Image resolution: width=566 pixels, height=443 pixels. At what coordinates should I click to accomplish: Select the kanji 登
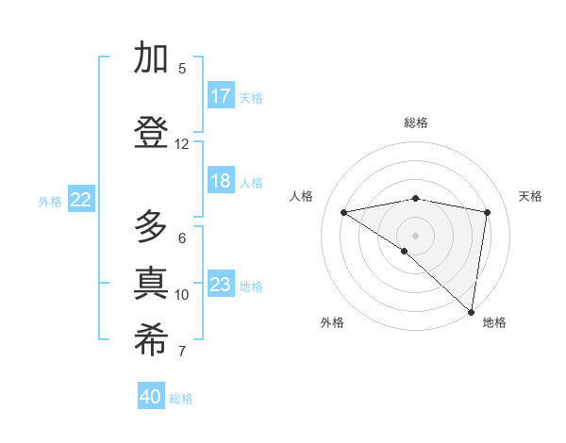click(152, 132)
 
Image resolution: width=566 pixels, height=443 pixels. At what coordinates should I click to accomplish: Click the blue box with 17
click(221, 96)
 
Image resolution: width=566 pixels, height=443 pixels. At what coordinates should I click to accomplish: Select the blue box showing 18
click(221, 182)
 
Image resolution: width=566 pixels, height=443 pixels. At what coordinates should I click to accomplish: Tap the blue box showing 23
click(221, 285)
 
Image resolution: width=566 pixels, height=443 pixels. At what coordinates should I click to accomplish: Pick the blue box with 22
click(81, 199)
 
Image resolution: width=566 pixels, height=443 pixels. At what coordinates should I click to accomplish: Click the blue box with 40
click(151, 397)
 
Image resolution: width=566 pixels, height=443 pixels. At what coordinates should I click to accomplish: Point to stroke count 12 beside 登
click(182, 144)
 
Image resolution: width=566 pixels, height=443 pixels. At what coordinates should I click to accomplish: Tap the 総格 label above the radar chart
click(416, 123)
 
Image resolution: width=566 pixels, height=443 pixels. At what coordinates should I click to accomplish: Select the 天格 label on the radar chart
click(531, 196)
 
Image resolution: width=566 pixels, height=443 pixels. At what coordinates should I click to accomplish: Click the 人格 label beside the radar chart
click(302, 196)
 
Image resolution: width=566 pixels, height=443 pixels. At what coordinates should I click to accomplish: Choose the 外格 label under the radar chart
click(332, 322)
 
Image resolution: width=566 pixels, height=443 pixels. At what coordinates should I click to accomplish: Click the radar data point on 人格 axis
click(344, 212)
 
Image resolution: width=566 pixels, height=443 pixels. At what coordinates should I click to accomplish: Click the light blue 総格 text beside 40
click(182, 399)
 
